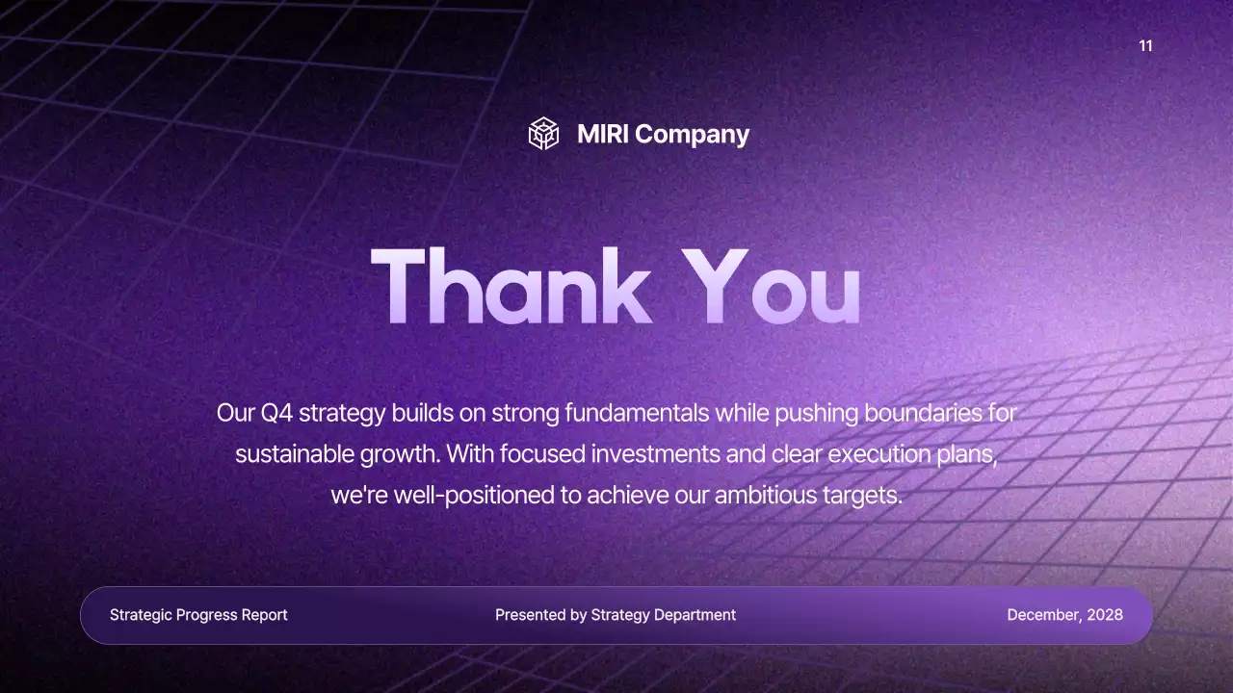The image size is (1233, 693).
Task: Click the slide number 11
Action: [x=1145, y=46]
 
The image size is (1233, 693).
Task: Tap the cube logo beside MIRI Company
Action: [x=544, y=134]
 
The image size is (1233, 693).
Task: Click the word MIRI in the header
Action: [x=603, y=135]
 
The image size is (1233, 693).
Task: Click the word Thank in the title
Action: [x=511, y=286]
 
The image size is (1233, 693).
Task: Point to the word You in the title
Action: [x=771, y=286]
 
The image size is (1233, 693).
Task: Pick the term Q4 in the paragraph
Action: [x=276, y=414]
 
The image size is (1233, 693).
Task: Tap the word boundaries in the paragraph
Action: [x=927, y=414]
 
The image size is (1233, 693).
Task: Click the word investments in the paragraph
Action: [x=655, y=454]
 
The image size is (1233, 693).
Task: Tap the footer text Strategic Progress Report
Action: [x=198, y=615]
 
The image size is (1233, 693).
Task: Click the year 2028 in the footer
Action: [x=1105, y=615]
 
